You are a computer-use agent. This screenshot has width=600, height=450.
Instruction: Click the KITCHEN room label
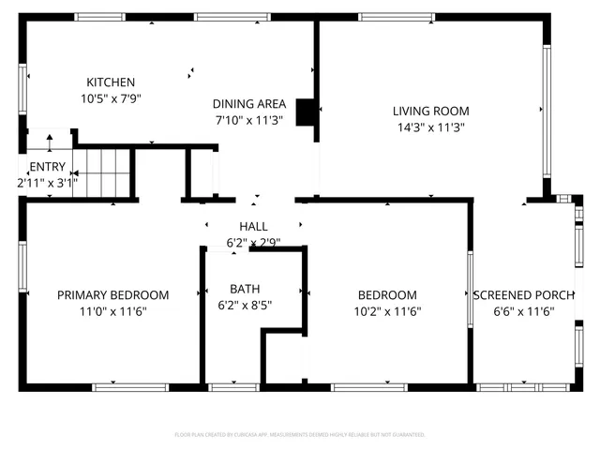[x=111, y=82]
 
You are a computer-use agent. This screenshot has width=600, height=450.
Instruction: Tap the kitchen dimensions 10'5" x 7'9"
[x=111, y=97]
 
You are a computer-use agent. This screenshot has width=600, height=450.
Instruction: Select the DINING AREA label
[x=248, y=103]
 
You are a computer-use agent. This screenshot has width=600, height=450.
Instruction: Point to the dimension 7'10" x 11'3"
[x=248, y=119]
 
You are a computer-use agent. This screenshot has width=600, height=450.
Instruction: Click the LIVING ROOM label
[x=430, y=111]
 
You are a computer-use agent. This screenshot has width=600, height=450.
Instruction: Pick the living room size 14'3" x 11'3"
[x=430, y=127]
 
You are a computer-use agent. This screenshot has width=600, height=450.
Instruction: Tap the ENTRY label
[x=48, y=167]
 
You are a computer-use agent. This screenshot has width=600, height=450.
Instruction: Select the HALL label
[x=253, y=226]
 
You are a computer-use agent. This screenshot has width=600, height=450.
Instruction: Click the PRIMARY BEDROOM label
[x=113, y=294]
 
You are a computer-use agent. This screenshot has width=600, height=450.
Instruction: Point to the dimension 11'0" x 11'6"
[x=113, y=310]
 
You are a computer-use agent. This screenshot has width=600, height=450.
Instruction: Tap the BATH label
[x=246, y=288]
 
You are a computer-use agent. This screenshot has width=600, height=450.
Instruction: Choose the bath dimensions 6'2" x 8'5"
[x=246, y=304]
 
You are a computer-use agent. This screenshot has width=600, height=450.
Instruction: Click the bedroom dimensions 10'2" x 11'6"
[x=387, y=310]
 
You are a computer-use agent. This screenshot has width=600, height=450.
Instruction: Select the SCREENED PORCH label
[x=523, y=294]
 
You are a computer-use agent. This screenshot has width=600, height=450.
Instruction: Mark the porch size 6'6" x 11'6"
[x=523, y=310]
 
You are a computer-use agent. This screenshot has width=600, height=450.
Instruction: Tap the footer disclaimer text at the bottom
[x=300, y=435]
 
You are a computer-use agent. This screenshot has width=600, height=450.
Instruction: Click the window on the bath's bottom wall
[x=232, y=386]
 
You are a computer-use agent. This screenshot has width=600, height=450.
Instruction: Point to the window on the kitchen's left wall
[x=22, y=90]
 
